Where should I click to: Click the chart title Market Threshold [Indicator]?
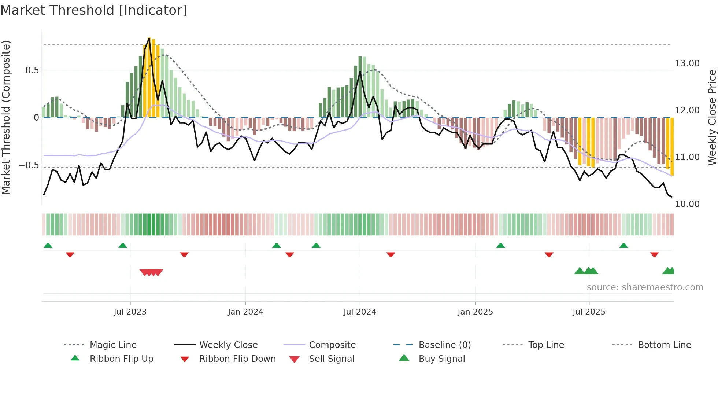coord(94,10)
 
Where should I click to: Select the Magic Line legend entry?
coord(113,345)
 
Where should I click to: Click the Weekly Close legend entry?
coord(228,345)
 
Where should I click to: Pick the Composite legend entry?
coord(332,345)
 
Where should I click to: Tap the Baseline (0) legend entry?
coord(444,345)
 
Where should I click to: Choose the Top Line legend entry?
coord(546,345)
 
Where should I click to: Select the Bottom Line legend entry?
coord(664,345)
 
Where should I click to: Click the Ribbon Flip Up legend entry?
coord(121,359)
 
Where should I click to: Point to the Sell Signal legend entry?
coord(332,359)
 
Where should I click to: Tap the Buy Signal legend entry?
coord(441,359)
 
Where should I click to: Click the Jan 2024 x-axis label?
coord(245,312)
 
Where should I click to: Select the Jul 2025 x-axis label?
coord(589,312)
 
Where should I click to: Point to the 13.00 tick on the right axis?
coord(687,63)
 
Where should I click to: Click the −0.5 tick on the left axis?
coord(29,165)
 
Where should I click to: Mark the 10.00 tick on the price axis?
coord(687,204)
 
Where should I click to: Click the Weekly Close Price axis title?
coord(712,117)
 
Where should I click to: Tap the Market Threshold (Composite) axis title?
coord(6,117)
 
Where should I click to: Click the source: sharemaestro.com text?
coord(645,287)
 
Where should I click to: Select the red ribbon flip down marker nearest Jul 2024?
coord(391,254)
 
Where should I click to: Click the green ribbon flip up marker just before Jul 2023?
coord(123,246)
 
